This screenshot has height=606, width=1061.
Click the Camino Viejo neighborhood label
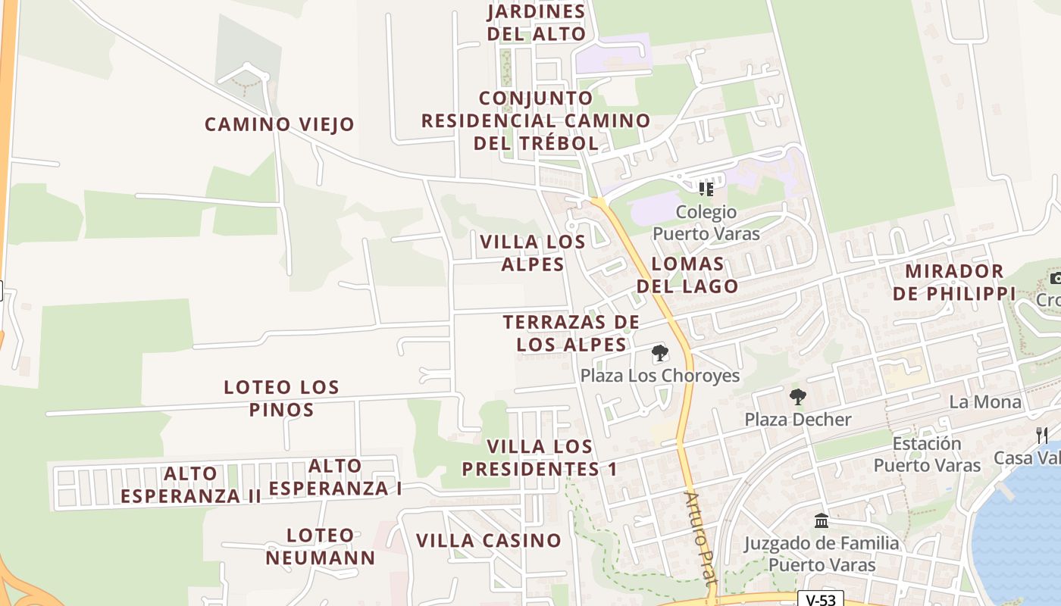tap(280, 124)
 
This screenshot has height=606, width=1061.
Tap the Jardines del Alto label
tap(536, 23)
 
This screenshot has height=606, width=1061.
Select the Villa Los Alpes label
tap(533, 253)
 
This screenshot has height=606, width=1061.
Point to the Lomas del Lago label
tap(687, 275)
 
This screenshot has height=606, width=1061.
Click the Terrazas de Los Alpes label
tap(571, 333)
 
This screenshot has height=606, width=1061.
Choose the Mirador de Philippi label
tap(954, 282)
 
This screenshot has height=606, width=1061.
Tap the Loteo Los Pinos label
tap(281, 398)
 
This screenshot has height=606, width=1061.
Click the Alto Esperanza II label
tap(191, 485)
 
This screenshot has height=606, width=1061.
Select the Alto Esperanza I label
tap(336, 477)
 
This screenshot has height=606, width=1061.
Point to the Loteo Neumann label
tap(321, 547)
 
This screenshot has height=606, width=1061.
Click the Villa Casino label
tap(489, 541)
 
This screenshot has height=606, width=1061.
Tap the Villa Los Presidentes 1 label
tap(540, 458)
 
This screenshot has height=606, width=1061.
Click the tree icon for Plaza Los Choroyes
tap(660, 353)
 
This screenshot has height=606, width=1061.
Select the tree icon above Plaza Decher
tap(797, 397)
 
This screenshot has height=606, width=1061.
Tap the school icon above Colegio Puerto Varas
tap(706, 189)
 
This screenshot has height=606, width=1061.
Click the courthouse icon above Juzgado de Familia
tap(822, 521)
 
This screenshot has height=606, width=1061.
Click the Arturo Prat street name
tap(700, 538)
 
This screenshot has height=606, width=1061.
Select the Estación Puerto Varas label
tap(927, 454)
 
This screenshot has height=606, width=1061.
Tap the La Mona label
tap(985, 401)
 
